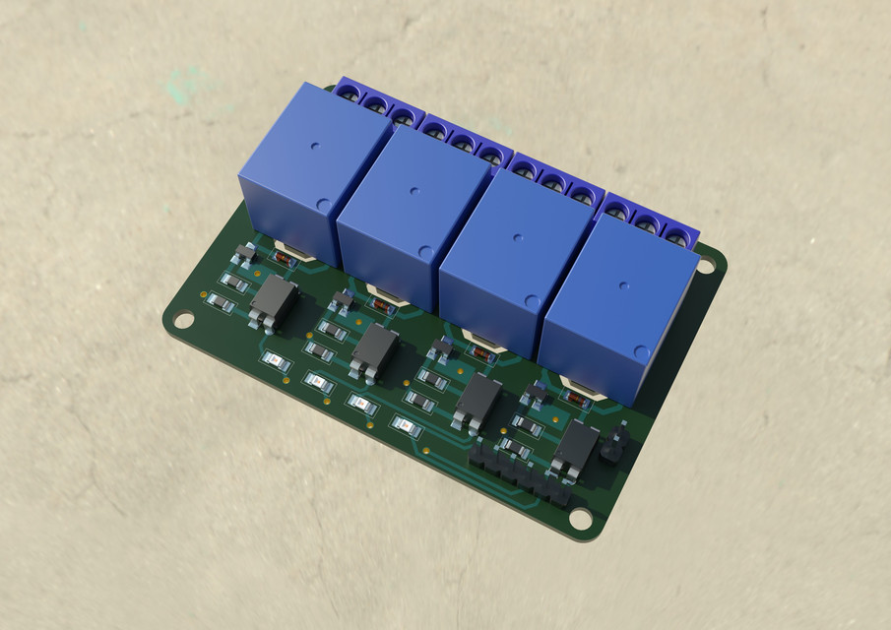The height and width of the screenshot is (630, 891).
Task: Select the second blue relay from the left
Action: click(x=414, y=192)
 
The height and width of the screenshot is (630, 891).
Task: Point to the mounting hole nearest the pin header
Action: click(x=580, y=516)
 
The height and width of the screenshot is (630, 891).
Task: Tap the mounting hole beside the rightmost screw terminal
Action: click(x=707, y=264)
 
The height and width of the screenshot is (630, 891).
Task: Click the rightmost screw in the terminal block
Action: click(x=676, y=235)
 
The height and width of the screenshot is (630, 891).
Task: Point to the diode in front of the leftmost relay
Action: click(x=283, y=259)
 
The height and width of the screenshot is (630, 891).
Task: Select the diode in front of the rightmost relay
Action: click(x=577, y=398)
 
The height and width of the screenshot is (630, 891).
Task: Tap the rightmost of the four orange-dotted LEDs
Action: click(x=403, y=425)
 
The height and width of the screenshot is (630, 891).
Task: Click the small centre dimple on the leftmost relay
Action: click(x=314, y=148)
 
